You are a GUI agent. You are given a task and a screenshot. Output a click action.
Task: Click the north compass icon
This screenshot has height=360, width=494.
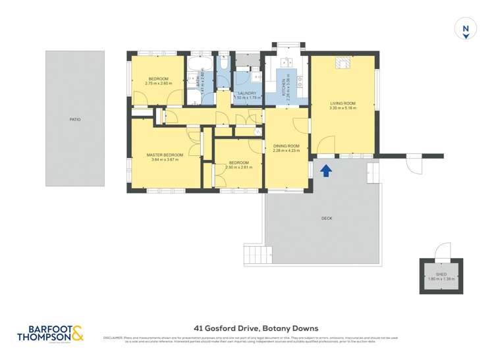(x=466, y=30)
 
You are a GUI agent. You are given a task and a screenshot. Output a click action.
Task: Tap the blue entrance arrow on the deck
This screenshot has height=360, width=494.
(x=325, y=170)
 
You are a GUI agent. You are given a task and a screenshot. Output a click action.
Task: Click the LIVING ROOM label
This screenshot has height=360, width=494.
(x=343, y=104)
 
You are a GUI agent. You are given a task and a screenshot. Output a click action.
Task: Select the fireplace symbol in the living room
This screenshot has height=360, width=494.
(x=342, y=63)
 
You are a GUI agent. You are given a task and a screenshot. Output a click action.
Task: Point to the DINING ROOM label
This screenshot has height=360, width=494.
(x=286, y=146)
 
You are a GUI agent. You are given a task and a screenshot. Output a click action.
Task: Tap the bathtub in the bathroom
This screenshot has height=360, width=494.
(x=198, y=66)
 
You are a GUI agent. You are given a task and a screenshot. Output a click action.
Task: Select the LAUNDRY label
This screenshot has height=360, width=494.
(x=247, y=93)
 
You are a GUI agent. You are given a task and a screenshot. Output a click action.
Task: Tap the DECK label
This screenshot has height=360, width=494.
(x=327, y=218)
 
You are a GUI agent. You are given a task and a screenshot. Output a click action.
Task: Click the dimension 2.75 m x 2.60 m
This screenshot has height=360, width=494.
(x=158, y=84)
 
